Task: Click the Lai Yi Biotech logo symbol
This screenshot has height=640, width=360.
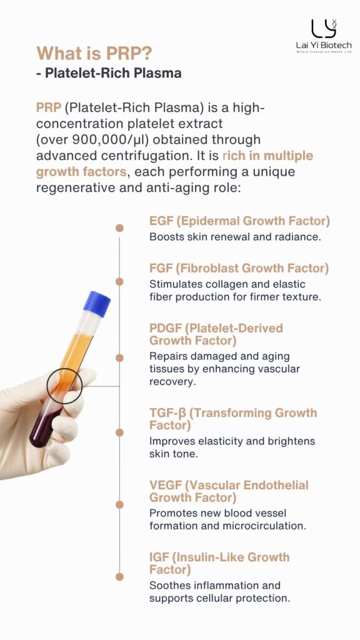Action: point(324,29)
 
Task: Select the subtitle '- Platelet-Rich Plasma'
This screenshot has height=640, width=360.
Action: point(109,73)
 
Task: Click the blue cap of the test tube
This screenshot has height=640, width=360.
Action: point(97,304)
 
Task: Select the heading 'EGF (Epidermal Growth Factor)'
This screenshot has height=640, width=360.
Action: point(239,221)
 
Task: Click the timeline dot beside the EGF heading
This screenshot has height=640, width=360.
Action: point(119,228)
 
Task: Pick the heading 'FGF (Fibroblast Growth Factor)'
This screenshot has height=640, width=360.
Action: point(239,268)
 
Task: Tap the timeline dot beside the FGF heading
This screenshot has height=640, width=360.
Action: point(119,282)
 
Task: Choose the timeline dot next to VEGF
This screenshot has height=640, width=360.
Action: point(119,505)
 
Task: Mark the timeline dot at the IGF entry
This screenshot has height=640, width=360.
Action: point(119,577)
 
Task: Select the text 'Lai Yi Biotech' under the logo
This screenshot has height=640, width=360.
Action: point(324,46)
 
